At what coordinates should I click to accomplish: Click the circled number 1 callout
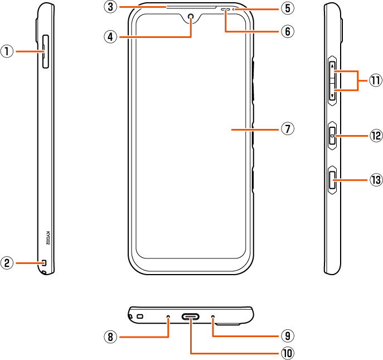point(7,51)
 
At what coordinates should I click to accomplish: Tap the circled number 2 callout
point(7,263)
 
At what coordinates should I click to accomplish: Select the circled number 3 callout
point(110,7)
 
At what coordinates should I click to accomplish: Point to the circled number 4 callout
point(110,37)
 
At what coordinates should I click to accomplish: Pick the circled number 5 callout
point(288,8)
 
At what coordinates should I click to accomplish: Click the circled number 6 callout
point(288,31)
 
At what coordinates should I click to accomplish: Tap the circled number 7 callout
point(288,129)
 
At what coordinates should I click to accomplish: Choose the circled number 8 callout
point(110,337)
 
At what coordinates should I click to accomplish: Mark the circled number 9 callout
point(288,336)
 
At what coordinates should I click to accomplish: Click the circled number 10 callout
point(288,353)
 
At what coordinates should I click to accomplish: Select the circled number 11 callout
point(375,80)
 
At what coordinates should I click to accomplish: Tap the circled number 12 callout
point(376,136)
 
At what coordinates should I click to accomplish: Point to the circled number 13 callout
point(376,180)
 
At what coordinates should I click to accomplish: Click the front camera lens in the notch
point(191,16)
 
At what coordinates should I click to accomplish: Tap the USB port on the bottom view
point(191,317)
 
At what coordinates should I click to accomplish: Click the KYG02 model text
point(48,238)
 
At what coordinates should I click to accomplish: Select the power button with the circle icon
point(332,136)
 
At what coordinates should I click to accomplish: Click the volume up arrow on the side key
point(332,66)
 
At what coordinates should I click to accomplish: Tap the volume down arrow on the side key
point(332,95)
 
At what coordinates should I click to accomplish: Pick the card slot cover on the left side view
point(46,51)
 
